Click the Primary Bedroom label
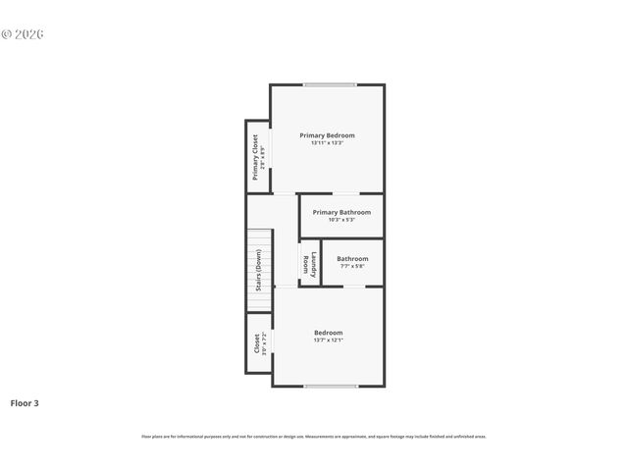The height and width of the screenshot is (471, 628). pos(327,135)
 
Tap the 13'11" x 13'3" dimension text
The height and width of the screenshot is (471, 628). pos(327,143)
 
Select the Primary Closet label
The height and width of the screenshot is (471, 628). pos(255,157)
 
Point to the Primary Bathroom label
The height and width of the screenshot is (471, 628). pos(341,212)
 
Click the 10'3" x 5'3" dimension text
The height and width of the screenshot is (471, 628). pos(341,220)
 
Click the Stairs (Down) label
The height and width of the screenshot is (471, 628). pos(259,270)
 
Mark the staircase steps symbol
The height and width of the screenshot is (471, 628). pos(259,270)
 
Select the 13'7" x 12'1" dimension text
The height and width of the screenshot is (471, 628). pos(328,340)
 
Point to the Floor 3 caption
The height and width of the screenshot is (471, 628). pos(25,402)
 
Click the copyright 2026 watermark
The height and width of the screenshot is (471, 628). pos(23,34)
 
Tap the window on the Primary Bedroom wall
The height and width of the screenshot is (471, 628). pos(330,85)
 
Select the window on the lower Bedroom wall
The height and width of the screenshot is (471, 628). pos(330,386)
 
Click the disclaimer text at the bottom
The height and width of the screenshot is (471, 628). pos(314,437)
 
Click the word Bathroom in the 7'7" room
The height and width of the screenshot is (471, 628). pos(352,259)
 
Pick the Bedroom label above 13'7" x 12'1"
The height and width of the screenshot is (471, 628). pos(328,333)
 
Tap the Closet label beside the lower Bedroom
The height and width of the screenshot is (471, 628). pos(257,343)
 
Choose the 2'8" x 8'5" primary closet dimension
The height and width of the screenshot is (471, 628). pos(263,157)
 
